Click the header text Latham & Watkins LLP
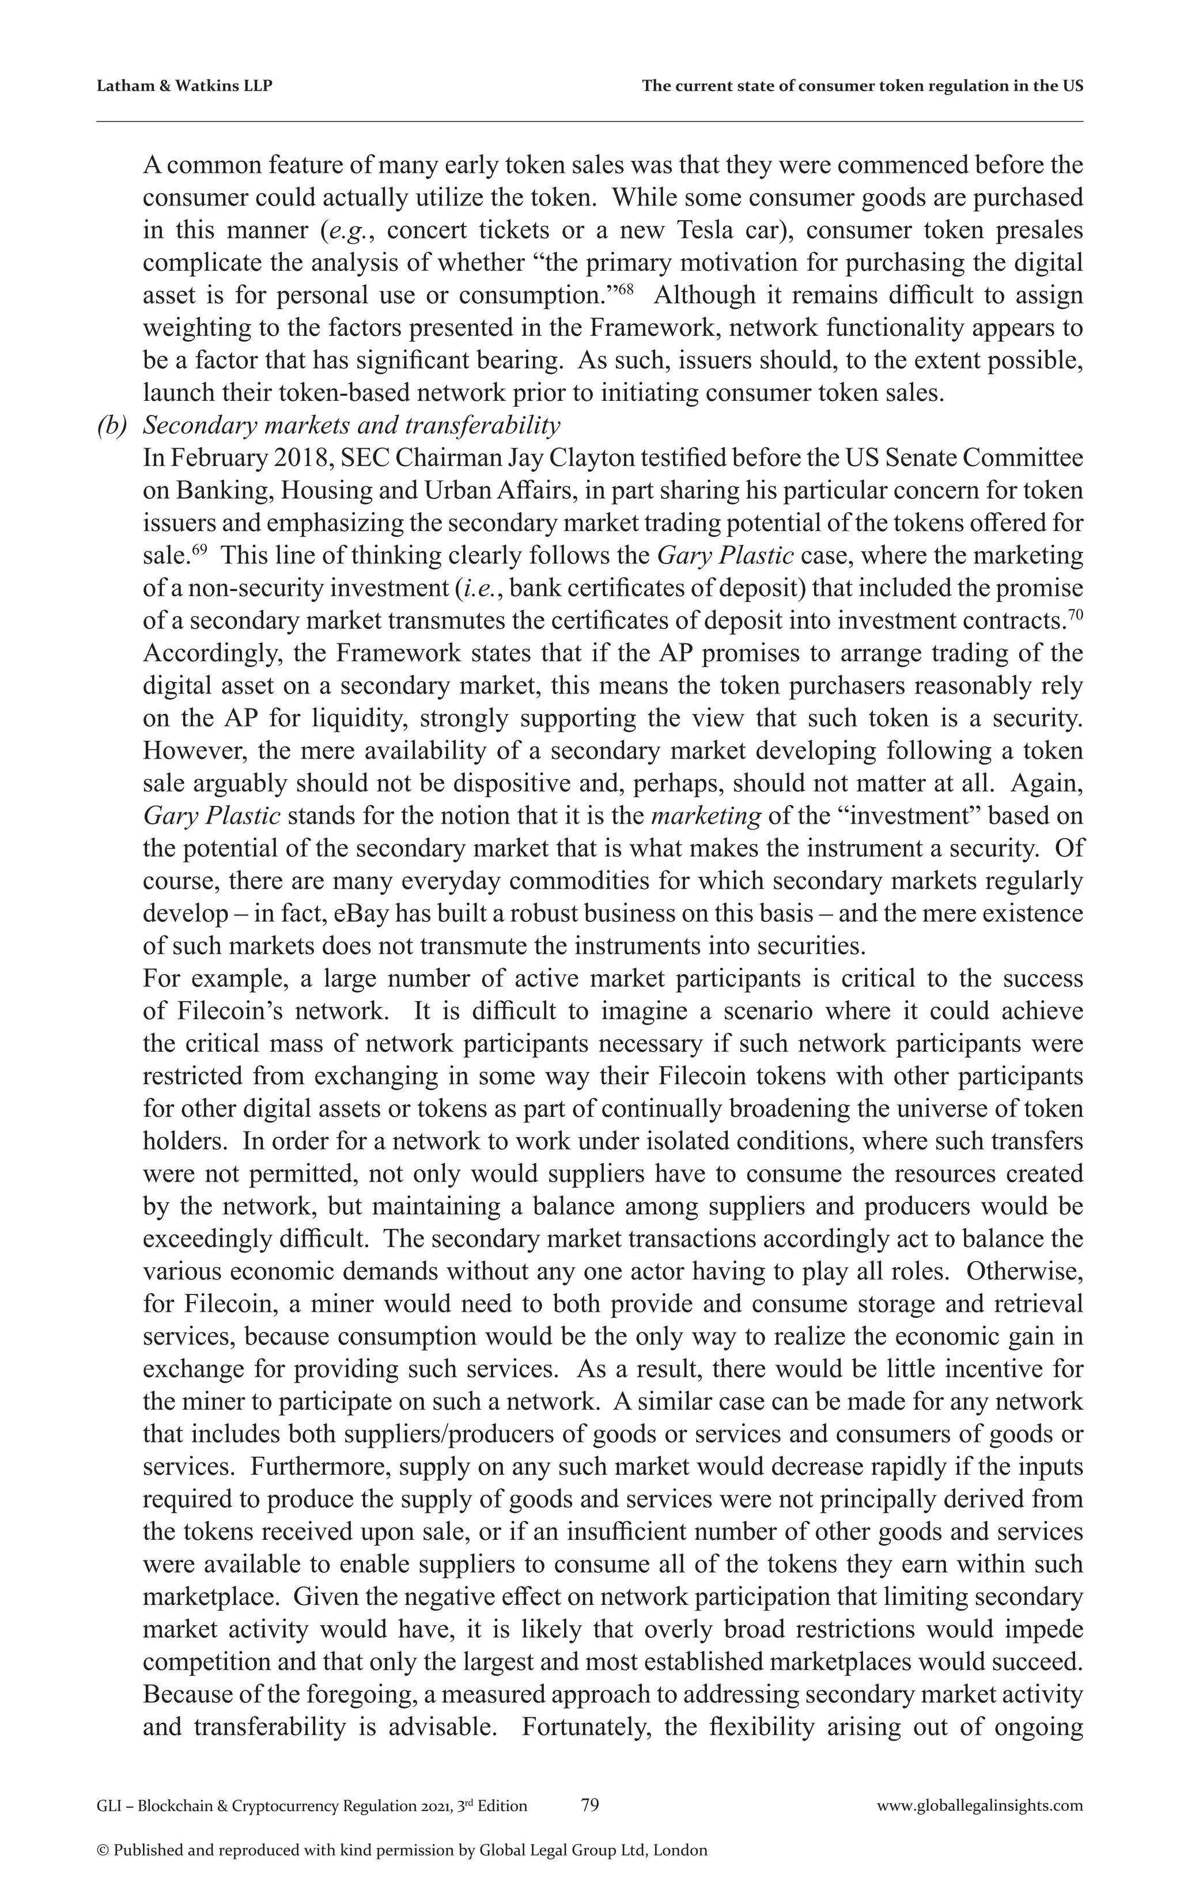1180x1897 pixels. coord(184,86)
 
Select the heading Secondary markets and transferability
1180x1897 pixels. coord(351,426)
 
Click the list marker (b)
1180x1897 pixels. coord(112,426)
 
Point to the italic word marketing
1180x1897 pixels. coord(705,816)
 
